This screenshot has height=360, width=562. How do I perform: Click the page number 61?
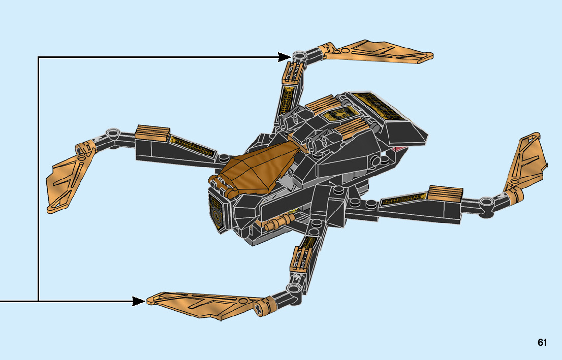pyautogui.click(x=542, y=343)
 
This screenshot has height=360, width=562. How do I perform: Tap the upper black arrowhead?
pyautogui.click(x=285, y=57)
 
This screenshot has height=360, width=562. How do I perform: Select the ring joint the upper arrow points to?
pyautogui.click(x=299, y=54)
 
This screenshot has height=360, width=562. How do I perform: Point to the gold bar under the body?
pyautogui.click(x=277, y=221)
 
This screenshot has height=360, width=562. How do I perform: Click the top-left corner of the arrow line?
pyautogui.click(x=39, y=57)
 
